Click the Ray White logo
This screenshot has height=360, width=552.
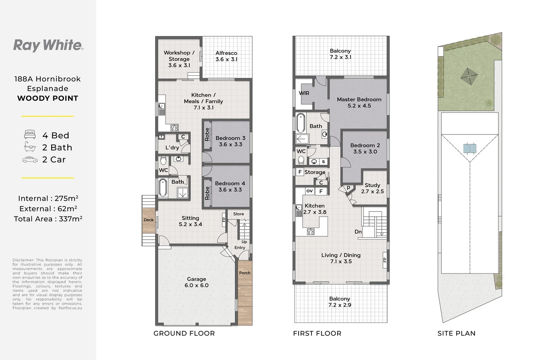point(48,46)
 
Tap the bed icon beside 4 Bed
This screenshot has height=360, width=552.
point(30,134)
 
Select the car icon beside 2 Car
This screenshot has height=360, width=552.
point(30,160)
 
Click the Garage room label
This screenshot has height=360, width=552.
point(196,282)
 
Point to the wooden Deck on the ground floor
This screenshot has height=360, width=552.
point(149,220)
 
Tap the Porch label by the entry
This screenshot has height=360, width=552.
point(245,273)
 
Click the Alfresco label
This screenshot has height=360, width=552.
point(226,56)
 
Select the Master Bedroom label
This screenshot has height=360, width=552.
point(359,102)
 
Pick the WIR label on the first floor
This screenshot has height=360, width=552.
point(304,93)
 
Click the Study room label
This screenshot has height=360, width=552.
point(372,188)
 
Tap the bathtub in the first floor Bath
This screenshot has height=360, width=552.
point(301,122)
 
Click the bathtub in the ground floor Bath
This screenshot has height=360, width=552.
point(162,188)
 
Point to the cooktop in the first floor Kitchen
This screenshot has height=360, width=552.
point(311,232)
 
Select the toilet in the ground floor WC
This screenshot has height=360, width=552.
point(163,161)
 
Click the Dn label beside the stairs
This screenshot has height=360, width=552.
point(358,232)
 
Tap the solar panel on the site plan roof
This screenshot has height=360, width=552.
point(470,149)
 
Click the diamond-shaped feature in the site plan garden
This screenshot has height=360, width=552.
point(469,77)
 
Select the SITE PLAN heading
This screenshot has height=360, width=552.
point(457,333)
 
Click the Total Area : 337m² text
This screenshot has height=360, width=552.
point(48,219)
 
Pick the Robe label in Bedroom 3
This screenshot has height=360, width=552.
point(207,134)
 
